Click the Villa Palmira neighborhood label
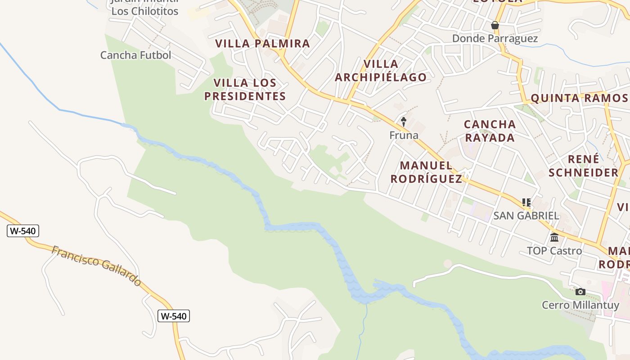point(262,44)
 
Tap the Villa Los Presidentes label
point(245,90)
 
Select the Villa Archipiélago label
point(381,71)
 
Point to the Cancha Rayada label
point(490,131)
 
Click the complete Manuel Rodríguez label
point(426,172)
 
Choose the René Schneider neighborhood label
point(583,166)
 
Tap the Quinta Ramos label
point(579,98)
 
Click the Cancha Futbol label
point(135,55)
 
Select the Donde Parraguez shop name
point(495,39)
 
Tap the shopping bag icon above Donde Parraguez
point(495,25)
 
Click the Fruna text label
point(404,135)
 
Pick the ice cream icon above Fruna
point(404,121)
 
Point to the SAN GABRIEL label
point(526,216)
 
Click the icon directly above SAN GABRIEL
point(526,202)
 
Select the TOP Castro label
point(554,251)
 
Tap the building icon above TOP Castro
point(554,237)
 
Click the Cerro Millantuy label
point(580,305)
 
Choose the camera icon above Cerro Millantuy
point(580,292)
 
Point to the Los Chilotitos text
point(145,11)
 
